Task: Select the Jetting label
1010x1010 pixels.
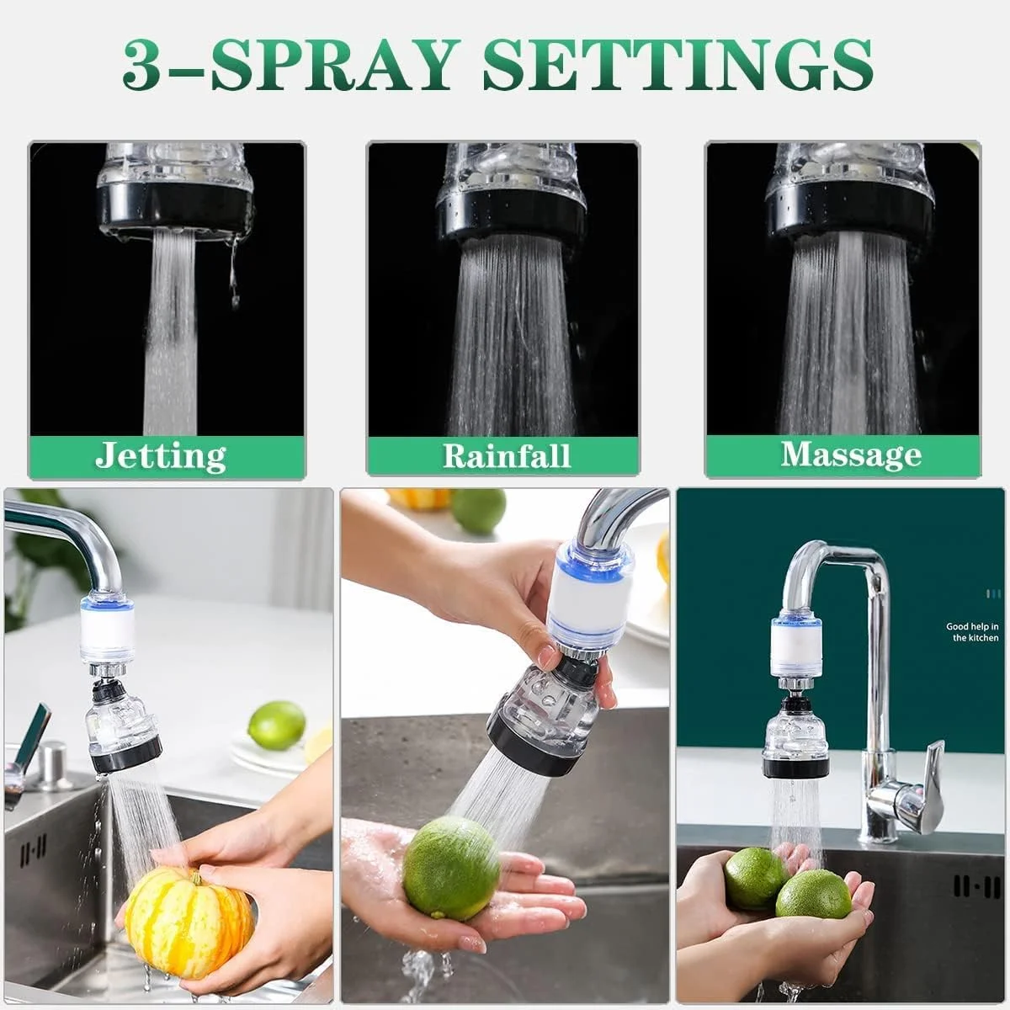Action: click(x=161, y=455)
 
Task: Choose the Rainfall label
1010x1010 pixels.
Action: click(x=507, y=455)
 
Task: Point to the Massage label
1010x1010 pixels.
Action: click(x=851, y=454)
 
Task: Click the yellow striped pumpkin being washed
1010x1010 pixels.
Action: click(x=189, y=909)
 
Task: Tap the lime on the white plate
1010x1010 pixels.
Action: click(x=276, y=726)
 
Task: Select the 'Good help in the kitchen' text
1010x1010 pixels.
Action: click(x=972, y=631)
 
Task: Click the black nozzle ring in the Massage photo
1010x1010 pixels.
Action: click(x=849, y=217)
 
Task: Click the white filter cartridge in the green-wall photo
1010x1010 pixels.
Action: click(x=794, y=648)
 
